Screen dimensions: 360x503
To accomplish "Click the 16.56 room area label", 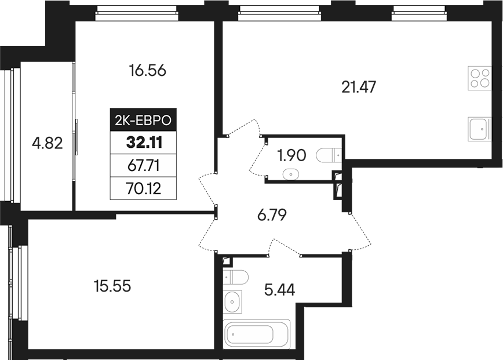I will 148,71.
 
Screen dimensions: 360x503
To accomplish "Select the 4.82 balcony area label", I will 47,143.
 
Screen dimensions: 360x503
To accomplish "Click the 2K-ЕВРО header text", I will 143,121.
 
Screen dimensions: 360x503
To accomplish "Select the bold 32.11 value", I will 143,143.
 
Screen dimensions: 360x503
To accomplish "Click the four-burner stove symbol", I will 480,78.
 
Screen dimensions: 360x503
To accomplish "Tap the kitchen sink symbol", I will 479,128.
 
